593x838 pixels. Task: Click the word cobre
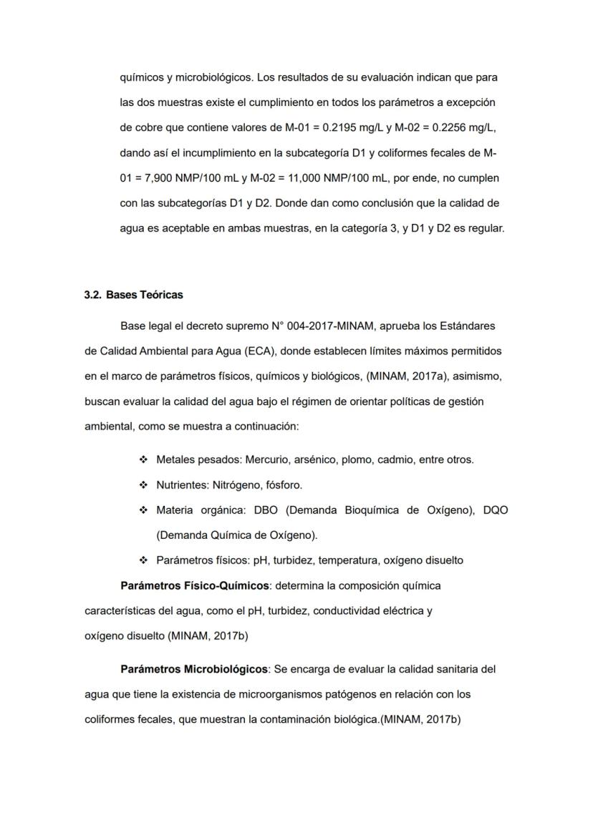click(150, 127)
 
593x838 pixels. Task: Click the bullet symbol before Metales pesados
click(143, 459)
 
